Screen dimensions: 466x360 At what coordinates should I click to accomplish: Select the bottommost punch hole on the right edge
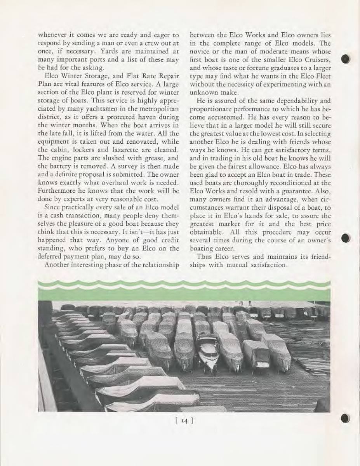click(x=347, y=418)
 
